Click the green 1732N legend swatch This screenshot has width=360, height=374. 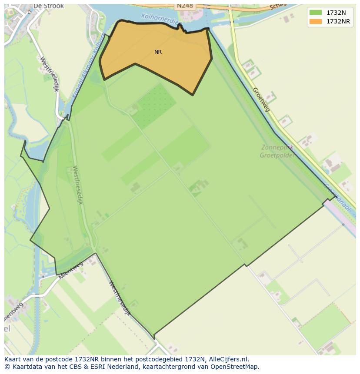point(316,13)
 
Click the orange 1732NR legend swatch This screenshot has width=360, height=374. point(316,21)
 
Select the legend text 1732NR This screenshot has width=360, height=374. point(338,21)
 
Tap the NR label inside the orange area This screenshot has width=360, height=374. point(158,52)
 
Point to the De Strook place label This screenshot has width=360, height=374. point(48,6)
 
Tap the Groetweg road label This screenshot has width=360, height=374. point(261,99)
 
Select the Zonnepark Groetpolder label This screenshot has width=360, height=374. point(277,151)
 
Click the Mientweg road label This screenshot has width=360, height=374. point(70,271)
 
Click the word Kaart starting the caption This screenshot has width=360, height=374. point(13,359)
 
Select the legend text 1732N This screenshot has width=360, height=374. point(336,13)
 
